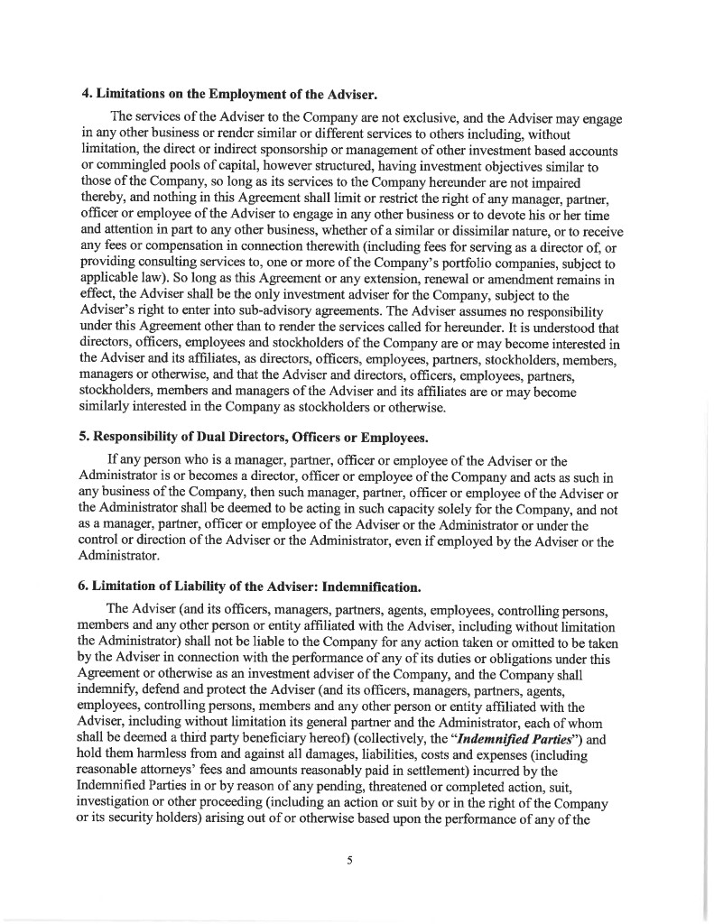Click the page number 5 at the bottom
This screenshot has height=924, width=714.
pyautogui.click(x=349, y=860)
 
